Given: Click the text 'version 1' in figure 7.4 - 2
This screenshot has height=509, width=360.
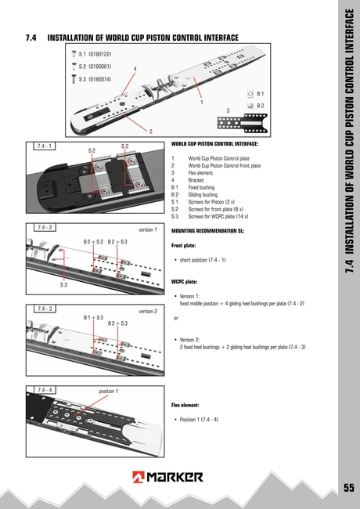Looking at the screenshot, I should [x=148, y=230].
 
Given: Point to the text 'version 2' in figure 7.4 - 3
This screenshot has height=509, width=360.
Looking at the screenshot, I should [x=148, y=311].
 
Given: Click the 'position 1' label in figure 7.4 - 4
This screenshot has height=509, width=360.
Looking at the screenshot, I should [x=108, y=390].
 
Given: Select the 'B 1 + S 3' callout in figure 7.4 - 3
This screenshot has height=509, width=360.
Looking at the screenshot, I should [x=94, y=317].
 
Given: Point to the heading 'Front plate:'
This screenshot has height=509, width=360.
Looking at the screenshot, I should [x=185, y=245].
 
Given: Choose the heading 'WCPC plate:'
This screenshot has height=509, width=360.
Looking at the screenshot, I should [x=185, y=280].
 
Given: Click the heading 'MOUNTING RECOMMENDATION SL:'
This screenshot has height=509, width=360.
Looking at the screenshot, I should [x=208, y=232].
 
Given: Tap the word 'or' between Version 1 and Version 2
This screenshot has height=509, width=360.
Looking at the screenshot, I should [x=176, y=319].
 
